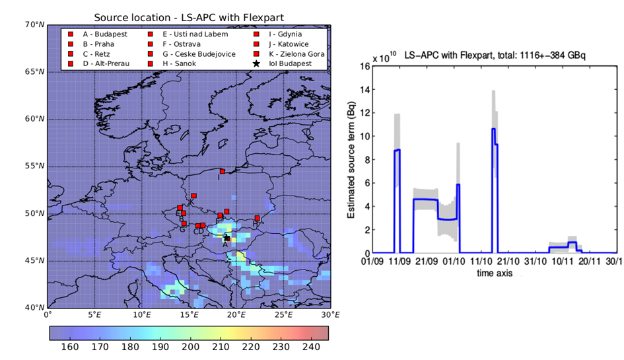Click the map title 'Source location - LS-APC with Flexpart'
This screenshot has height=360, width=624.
pyautogui.click(x=188, y=17)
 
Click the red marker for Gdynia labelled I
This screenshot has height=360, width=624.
pyautogui.click(x=223, y=171)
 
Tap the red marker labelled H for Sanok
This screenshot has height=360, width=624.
pyautogui.click(x=257, y=218)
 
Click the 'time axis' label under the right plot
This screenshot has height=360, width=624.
pyautogui.click(x=495, y=271)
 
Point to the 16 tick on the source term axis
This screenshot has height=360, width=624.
pyautogui.click(x=364, y=66)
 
